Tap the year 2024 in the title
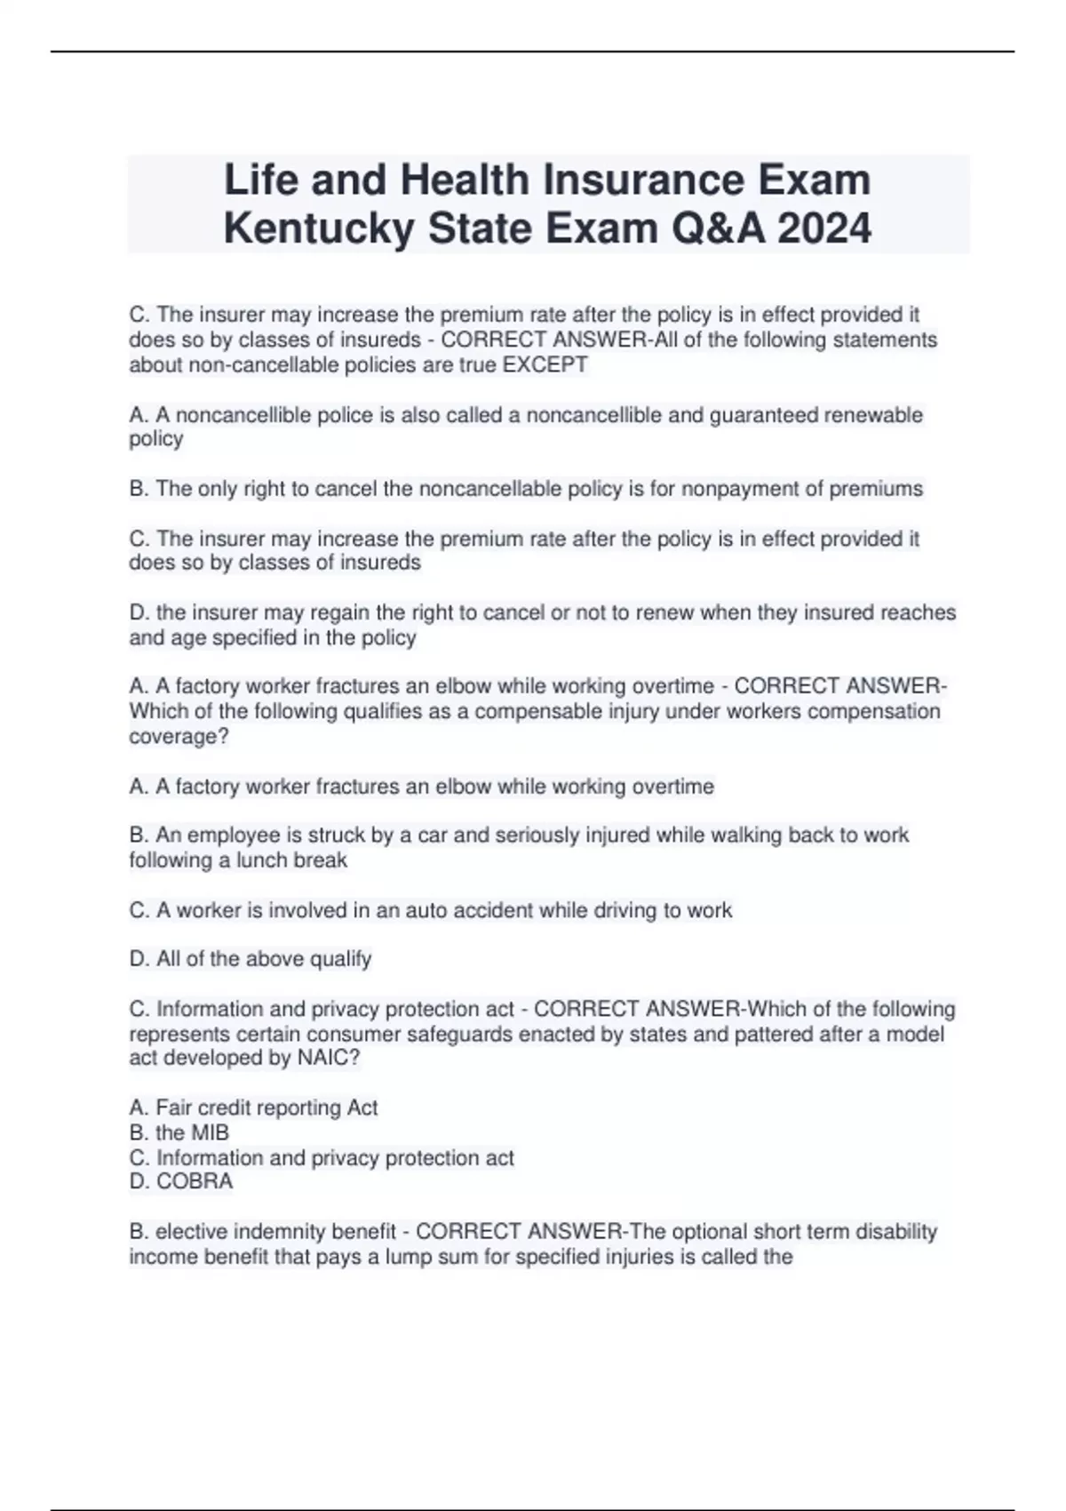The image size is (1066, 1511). pos(824,228)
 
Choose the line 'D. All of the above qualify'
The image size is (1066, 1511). pos(250,959)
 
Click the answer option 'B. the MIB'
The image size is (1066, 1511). pos(179,1132)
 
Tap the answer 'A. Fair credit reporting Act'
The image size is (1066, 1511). pos(253,1107)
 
